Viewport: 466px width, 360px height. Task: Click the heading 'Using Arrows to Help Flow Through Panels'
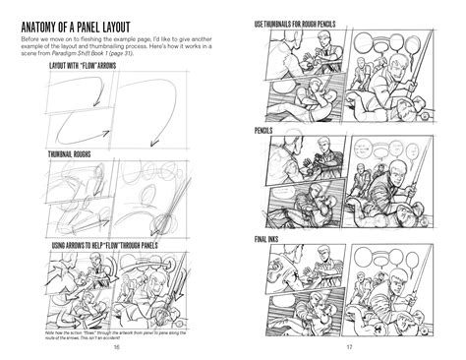[103, 244]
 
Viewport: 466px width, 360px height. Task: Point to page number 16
[117, 346]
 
